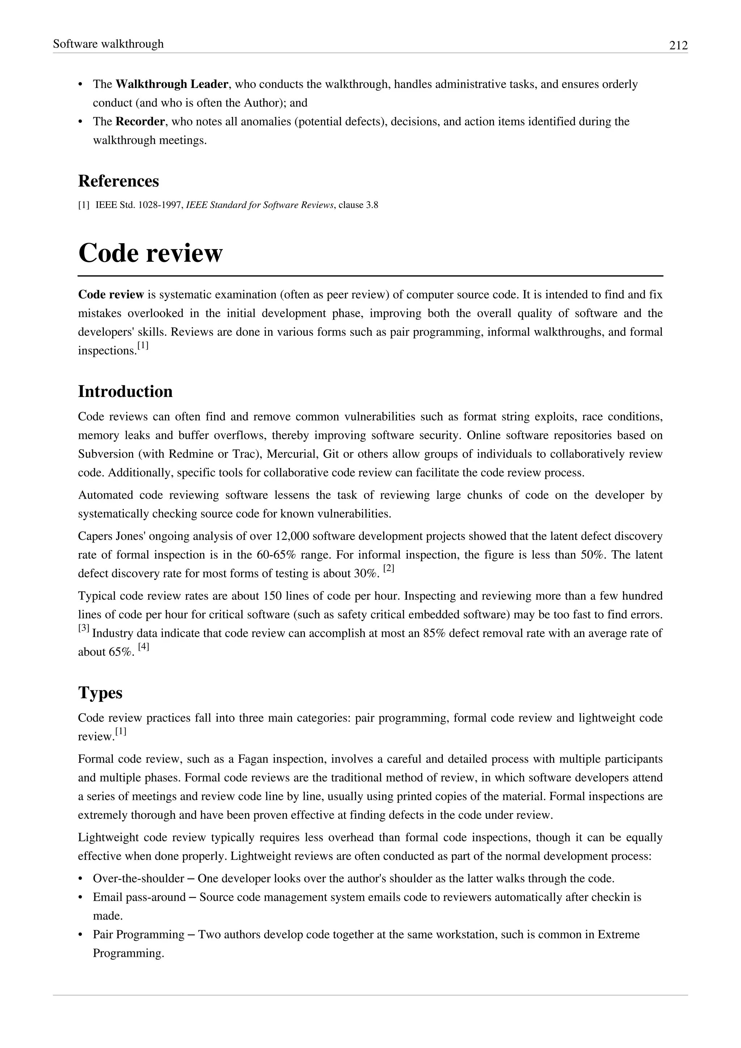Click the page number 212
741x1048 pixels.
click(678, 45)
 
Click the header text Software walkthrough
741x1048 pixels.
click(108, 44)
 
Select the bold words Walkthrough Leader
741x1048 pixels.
click(172, 84)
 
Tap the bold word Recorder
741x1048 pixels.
click(140, 122)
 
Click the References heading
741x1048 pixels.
click(118, 181)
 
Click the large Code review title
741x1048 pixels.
click(150, 253)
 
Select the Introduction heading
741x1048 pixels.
click(125, 392)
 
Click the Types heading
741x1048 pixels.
click(100, 693)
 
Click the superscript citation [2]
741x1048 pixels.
click(388, 569)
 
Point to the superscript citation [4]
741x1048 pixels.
click(143, 647)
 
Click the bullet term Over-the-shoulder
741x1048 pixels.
click(138, 879)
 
